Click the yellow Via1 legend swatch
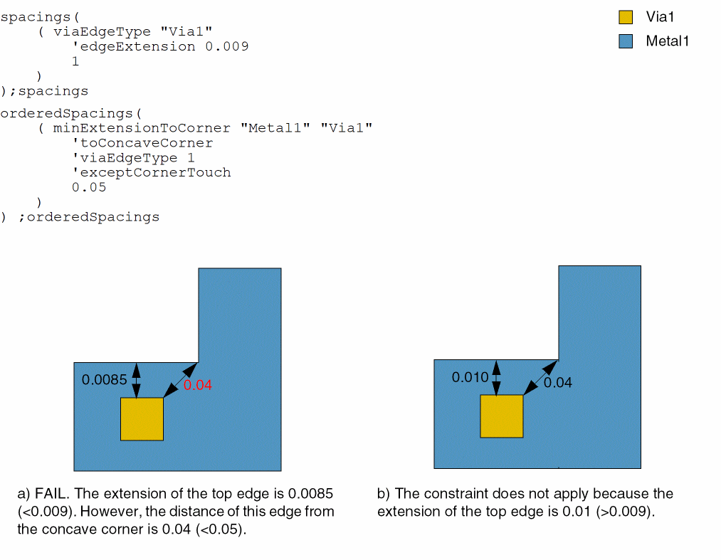pos(626,17)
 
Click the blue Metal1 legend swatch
pos(626,41)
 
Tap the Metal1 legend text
pos(668,41)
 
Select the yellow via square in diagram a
pos(142,419)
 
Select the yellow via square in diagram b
pos(502,416)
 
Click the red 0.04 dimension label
pos(198,385)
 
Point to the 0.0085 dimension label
pos(105,380)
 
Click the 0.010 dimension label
pos(470,377)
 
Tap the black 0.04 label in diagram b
pos(558,383)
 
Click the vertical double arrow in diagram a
pos(137,380)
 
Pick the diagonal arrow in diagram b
pos(541,377)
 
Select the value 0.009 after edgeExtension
pos(226,46)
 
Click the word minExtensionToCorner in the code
pos(142,127)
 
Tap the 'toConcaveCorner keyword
pos(142,142)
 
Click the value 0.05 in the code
pos(89,187)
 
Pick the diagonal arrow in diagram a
pos(180,380)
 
